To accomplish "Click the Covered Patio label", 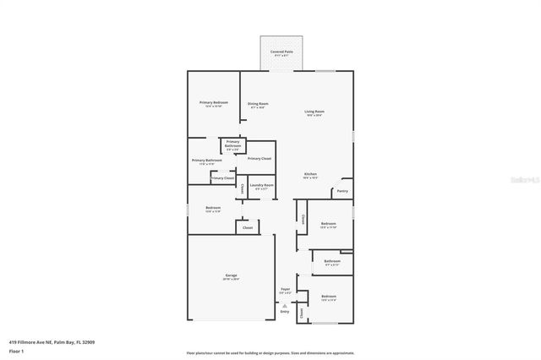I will pyautogui.click(x=281, y=52).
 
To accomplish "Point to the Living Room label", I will pyautogui.click(x=314, y=112).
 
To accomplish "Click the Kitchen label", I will pyautogui.click(x=310, y=174).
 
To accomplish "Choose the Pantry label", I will pyautogui.click(x=342, y=192).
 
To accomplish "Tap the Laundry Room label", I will pyautogui.click(x=261, y=185).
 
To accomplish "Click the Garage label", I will pyautogui.click(x=231, y=275).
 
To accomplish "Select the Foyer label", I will pyautogui.click(x=286, y=290).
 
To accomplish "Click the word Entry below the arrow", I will pyautogui.click(x=285, y=311).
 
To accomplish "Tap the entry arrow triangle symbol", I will pyautogui.click(x=285, y=304).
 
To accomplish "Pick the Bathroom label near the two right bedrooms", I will pyautogui.click(x=331, y=261).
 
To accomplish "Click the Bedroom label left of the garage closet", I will pyautogui.click(x=213, y=208).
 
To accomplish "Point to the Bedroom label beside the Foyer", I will pyautogui.click(x=328, y=296).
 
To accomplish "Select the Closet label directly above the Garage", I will pyautogui.click(x=248, y=228).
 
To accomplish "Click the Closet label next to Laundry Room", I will pyautogui.click(x=243, y=188).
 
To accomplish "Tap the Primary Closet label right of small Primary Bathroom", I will pyautogui.click(x=259, y=158).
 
